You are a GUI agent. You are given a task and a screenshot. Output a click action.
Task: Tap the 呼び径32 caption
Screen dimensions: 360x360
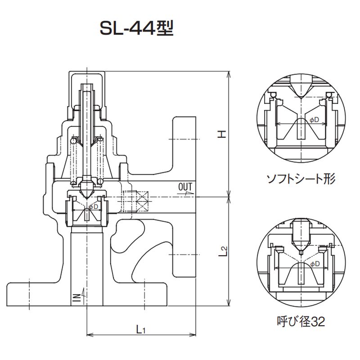tap(301, 321)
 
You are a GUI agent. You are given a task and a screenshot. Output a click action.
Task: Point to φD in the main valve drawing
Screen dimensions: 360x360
tap(93, 207)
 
